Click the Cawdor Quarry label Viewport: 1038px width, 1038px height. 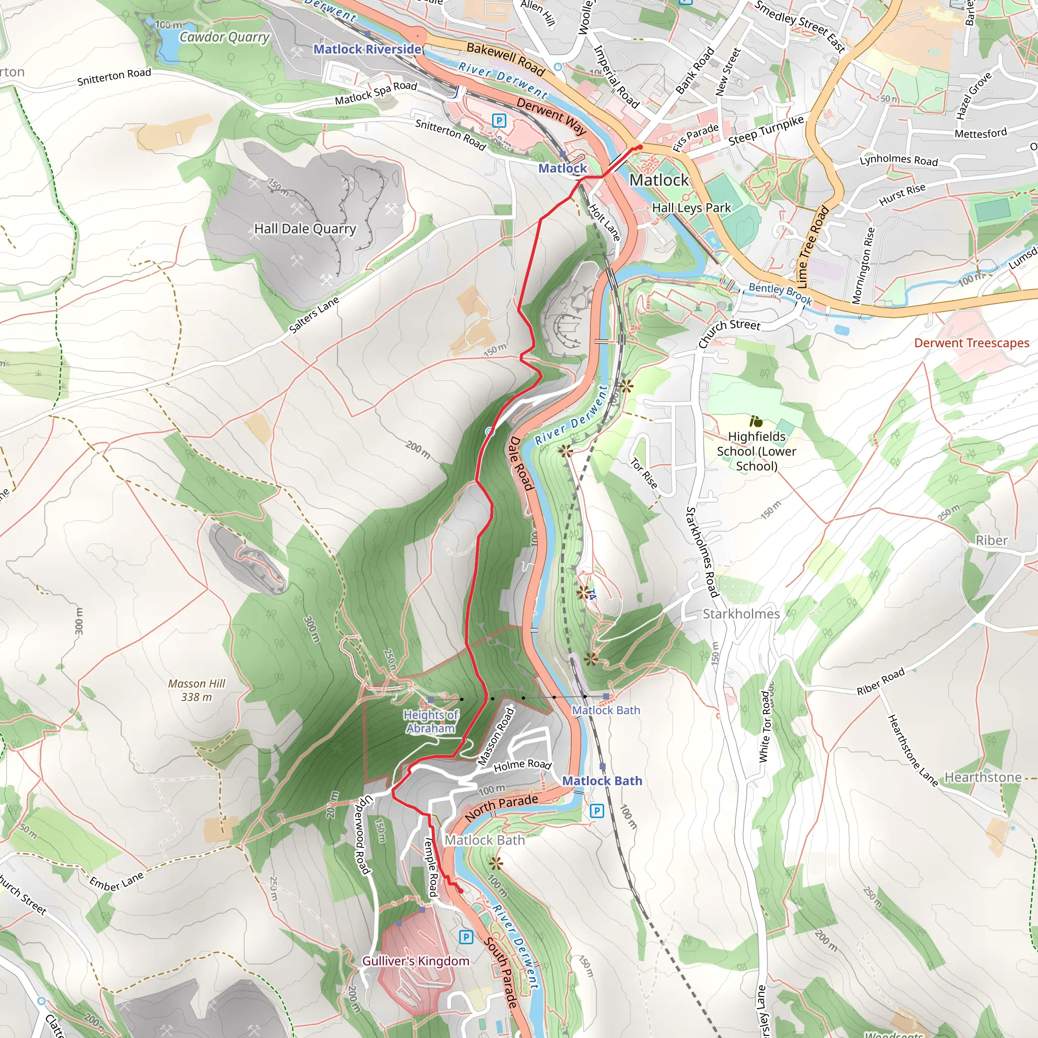point(224,37)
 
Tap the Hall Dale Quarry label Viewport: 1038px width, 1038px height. point(305,229)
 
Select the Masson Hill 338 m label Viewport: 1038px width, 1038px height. point(197,690)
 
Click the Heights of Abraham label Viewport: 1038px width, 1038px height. point(430,722)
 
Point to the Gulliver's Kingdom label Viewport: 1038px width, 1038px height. point(415,960)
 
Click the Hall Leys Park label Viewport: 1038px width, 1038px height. point(691,208)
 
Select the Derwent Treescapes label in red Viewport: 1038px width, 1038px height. point(972,343)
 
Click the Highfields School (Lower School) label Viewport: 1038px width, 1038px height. point(757,451)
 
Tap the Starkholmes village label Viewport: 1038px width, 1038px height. point(741,614)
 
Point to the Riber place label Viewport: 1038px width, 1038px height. point(991,540)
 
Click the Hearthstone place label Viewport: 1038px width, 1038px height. point(983,777)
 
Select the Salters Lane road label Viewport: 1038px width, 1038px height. point(314,315)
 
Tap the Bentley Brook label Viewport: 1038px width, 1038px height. point(780,293)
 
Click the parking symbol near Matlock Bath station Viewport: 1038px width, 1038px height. point(597,811)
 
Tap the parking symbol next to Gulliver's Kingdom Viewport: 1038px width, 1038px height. point(466,937)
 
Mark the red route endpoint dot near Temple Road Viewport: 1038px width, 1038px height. point(460,892)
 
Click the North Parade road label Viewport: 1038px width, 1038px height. point(501,807)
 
